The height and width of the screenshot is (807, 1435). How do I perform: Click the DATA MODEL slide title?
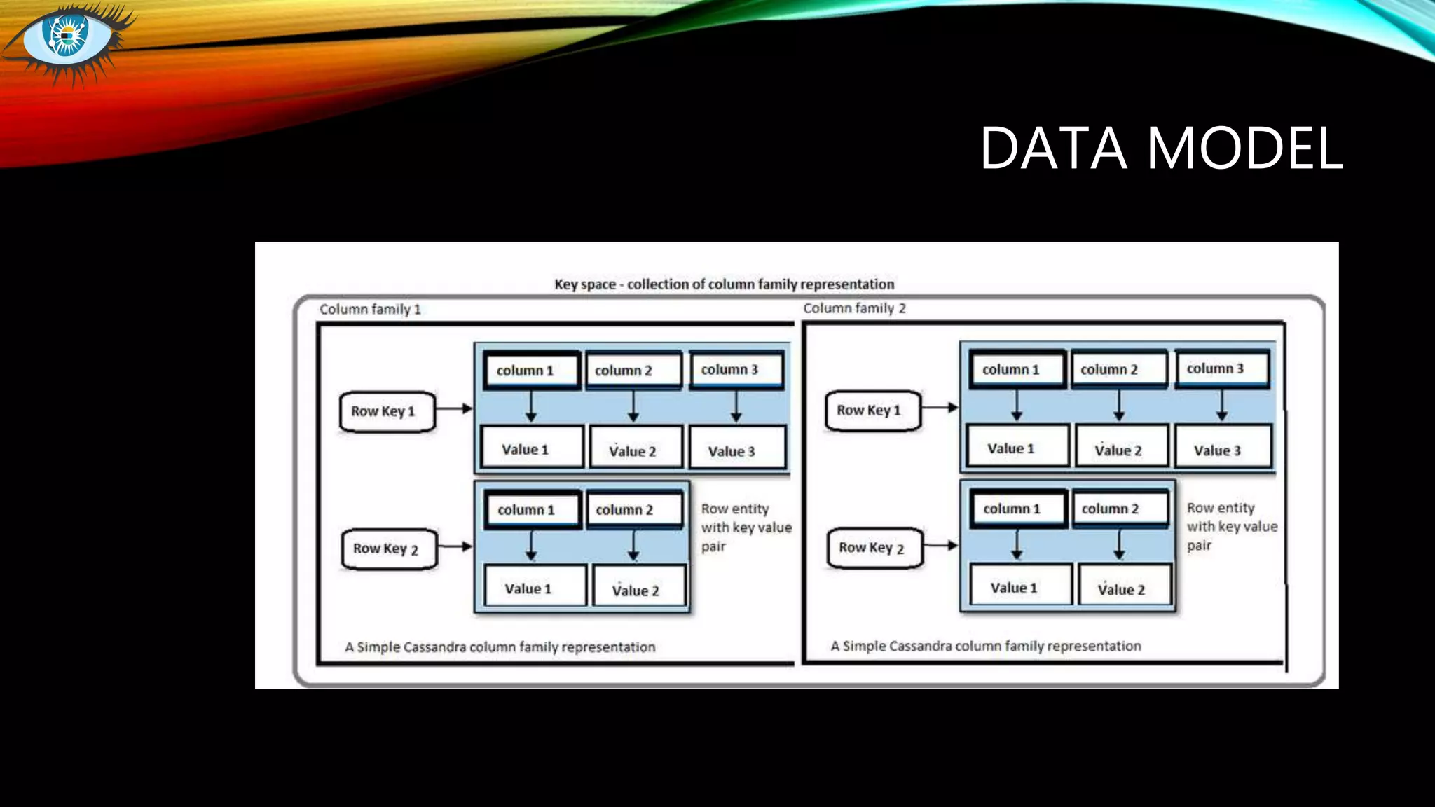(x=1160, y=148)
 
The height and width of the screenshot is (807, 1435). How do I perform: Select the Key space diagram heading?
(x=724, y=284)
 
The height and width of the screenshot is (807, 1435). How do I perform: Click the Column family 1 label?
(x=370, y=309)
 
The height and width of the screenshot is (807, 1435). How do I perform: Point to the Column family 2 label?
(x=854, y=308)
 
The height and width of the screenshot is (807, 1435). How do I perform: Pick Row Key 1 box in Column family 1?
(x=387, y=411)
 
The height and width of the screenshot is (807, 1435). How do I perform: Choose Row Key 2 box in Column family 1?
(x=389, y=549)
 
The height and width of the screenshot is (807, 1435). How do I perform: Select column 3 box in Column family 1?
(x=736, y=370)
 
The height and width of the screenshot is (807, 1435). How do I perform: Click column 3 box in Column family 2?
(x=1221, y=368)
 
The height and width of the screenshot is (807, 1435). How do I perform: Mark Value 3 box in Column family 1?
(x=737, y=450)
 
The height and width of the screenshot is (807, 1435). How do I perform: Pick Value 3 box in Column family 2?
(x=1223, y=448)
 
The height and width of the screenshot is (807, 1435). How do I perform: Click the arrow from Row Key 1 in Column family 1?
(x=454, y=408)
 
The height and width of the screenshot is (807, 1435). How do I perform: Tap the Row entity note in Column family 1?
(x=746, y=527)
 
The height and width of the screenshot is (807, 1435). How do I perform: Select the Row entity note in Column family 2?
(x=1231, y=526)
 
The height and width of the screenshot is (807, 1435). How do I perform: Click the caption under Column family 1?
(x=500, y=647)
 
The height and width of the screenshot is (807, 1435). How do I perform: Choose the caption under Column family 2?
(x=985, y=646)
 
